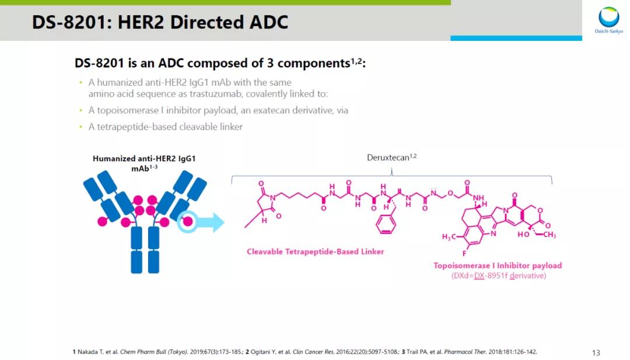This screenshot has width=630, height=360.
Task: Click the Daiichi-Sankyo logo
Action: pos(608,20)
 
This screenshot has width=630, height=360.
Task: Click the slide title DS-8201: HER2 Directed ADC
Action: pos(160,22)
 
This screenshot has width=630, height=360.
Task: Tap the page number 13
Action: pos(596,352)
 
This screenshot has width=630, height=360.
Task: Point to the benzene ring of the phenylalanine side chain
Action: pos(386,223)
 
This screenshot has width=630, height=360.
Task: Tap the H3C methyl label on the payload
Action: pos(451,236)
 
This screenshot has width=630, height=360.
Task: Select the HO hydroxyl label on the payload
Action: pos(523,235)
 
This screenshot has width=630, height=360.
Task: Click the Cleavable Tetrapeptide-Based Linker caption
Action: pos(315,252)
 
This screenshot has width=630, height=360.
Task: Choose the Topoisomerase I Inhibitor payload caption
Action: pos(498,265)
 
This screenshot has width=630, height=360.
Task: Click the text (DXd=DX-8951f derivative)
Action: pos(499,275)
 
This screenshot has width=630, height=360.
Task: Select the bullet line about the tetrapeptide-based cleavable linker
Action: pos(165,127)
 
